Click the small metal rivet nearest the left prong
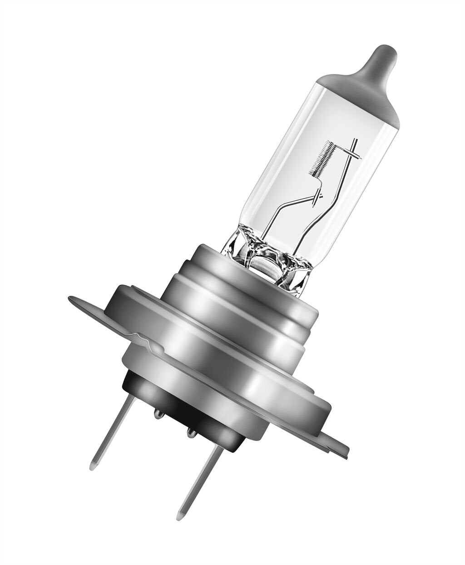(x=157, y=413)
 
